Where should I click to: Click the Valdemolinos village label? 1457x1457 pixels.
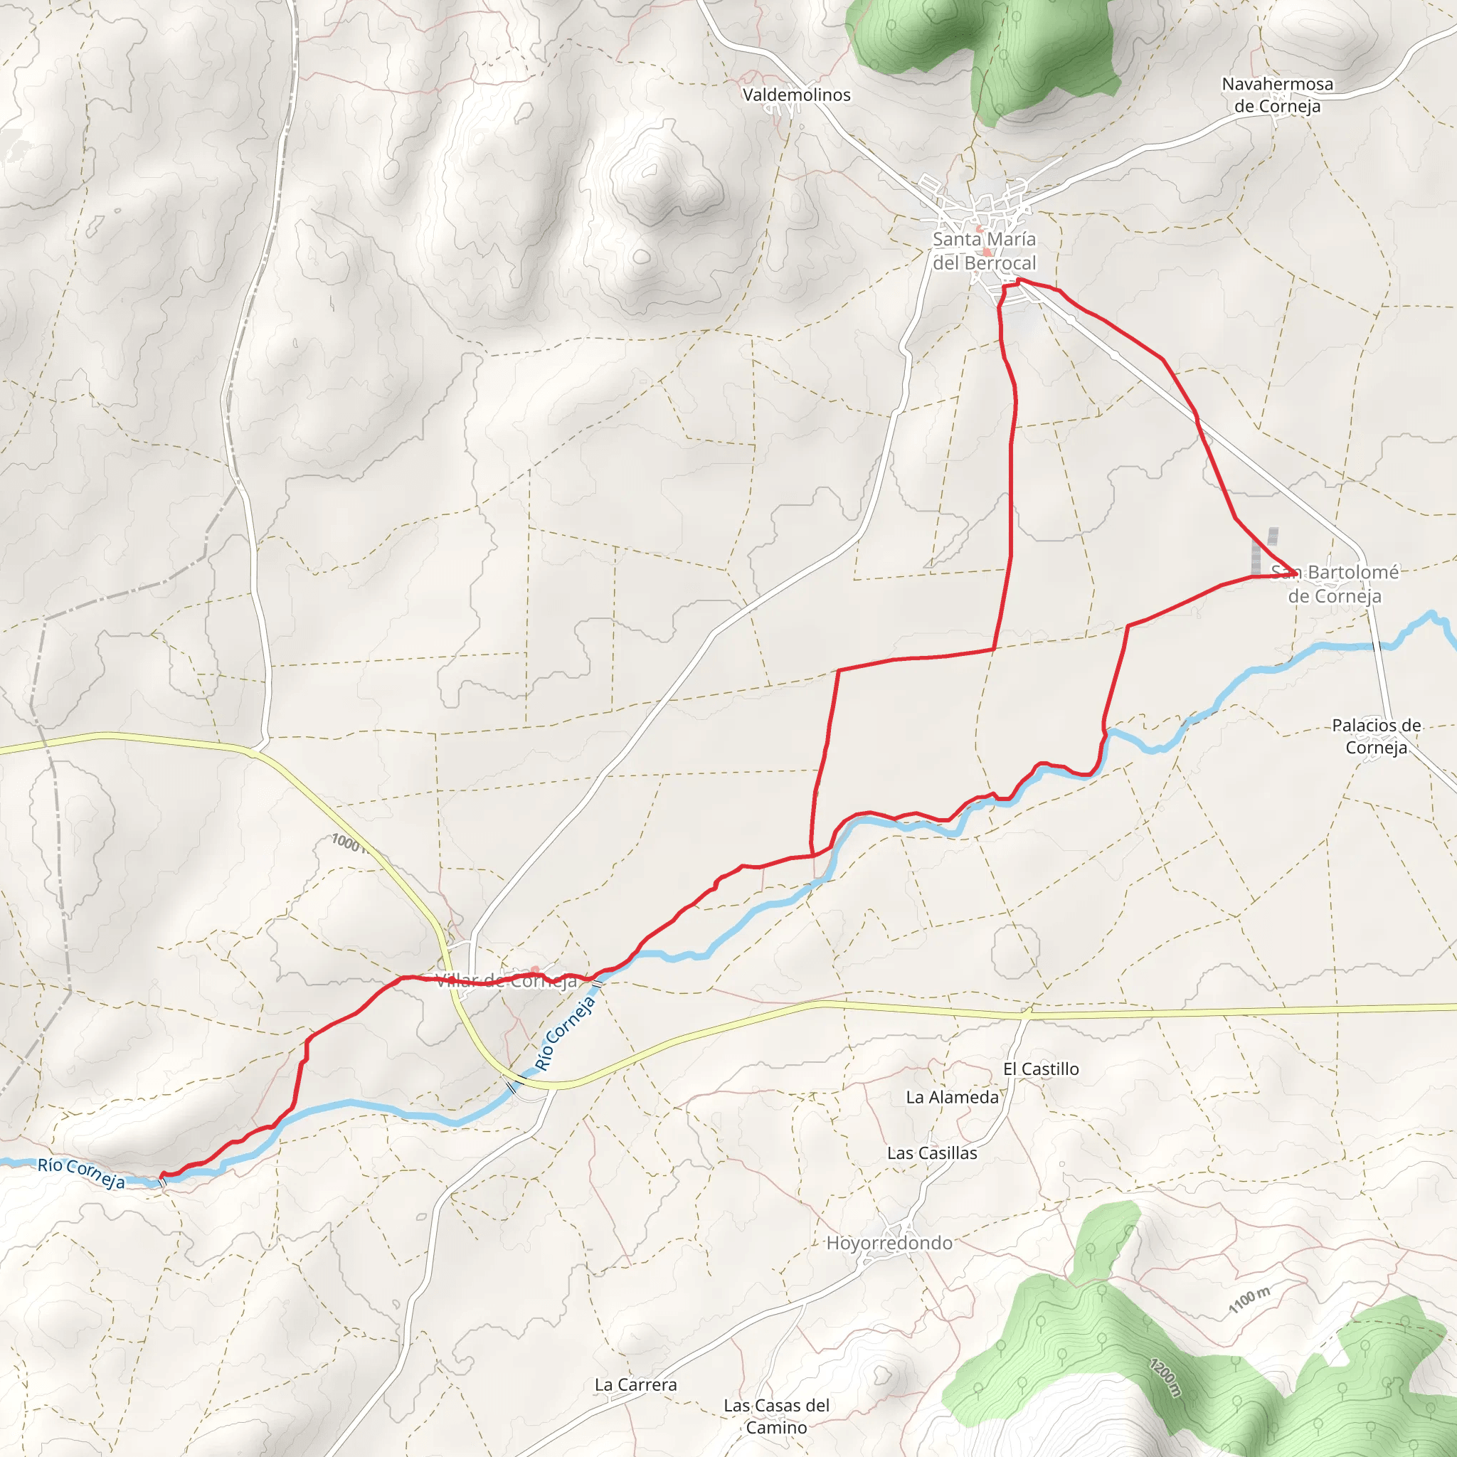(x=796, y=95)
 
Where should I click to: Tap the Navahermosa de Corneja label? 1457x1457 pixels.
(x=1278, y=95)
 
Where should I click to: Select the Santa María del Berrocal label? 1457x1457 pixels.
(x=984, y=251)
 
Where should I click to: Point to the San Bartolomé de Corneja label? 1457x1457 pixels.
(x=1335, y=583)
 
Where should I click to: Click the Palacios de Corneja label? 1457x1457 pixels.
(x=1377, y=736)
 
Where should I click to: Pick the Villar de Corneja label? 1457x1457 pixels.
(x=507, y=981)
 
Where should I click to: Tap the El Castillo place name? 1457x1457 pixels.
(x=1041, y=1069)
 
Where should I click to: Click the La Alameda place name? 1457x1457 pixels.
(x=953, y=1097)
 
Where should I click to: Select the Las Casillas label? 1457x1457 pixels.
(x=932, y=1153)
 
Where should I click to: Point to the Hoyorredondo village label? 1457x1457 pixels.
(x=889, y=1243)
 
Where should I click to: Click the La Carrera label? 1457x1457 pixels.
(x=636, y=1384)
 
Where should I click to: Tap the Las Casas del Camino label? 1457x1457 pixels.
(x=777, y=1416)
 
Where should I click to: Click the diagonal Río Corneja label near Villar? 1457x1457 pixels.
(x=566, y=1033)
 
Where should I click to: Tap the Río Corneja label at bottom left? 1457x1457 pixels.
(x=81, y=1173)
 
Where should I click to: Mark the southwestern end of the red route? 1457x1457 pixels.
(x=161, y=1176)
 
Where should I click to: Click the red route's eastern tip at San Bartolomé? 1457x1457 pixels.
(x=1296, y=574)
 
